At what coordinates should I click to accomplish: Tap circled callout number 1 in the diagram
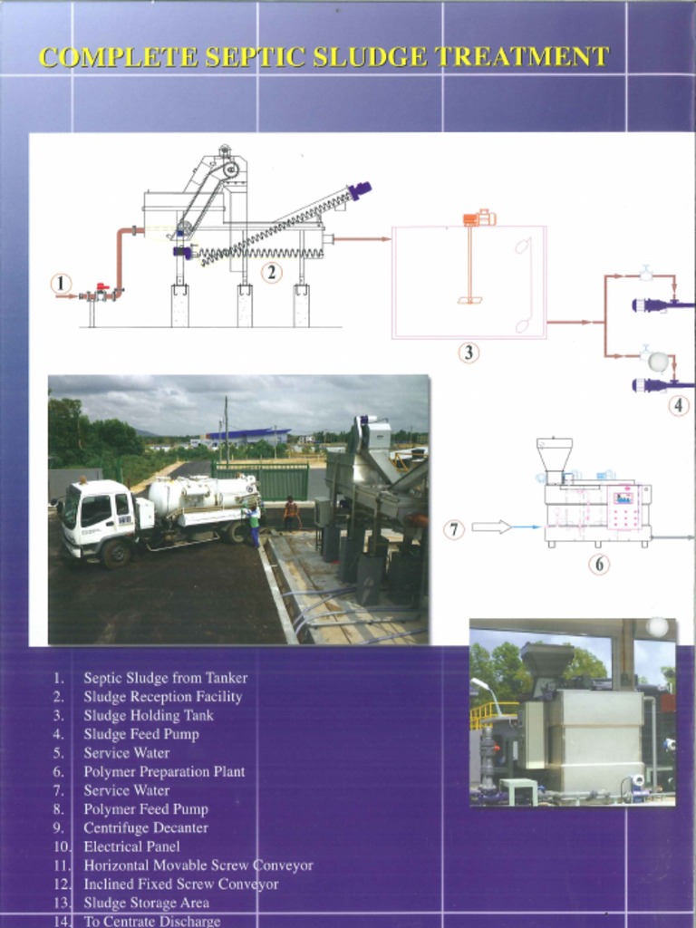(x=61, y=284)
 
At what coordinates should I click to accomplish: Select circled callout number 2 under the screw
(x=271, y=271)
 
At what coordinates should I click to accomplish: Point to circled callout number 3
(x=468, y=353)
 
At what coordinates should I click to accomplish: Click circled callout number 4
(x=680, y=406)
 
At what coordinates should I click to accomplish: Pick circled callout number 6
(x=598, y=564)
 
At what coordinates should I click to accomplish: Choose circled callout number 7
(x=454, y=529)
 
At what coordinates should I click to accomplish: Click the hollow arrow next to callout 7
(x=491, y=527)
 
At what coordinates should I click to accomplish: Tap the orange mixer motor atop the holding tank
(x=478, y=217)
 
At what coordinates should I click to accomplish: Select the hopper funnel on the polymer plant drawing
(x=554, y=453)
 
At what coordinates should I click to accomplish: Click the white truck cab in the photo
(x=94, y=517)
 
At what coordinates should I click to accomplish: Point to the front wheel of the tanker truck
(x=115, y=553)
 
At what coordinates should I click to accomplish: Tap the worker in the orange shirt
(x=290, y=513)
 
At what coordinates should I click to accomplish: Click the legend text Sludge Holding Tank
(x=149, y=715)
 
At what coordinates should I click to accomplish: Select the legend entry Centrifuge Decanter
(x=146, y=827)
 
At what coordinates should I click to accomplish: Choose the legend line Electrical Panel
(x=131, y=846)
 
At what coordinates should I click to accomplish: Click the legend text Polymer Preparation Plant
(x=164, y=771)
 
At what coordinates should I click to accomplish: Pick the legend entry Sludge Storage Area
(x=146, y=903)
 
